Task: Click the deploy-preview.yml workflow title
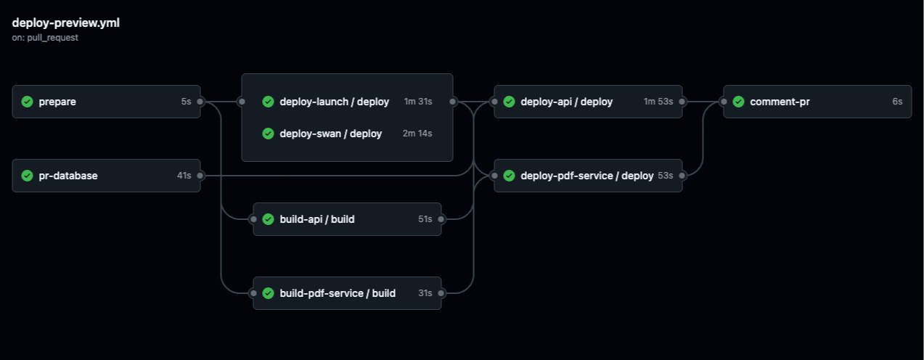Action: point(66,22)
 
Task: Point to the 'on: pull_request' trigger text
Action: point(45,38)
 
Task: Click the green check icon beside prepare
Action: point(28,102)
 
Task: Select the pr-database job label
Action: point(68,176)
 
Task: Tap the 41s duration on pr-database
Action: point(184,176)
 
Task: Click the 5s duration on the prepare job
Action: point(186,102)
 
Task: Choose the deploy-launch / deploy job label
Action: point(334,102)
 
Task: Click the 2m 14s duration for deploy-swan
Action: point(417,134)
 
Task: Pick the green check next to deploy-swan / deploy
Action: point(268,134)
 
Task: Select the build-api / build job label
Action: point(317,219)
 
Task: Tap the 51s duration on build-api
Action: point(425,219)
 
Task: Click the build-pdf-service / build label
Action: point(338,293)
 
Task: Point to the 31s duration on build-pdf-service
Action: point(425,293)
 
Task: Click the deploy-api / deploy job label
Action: point(566,102)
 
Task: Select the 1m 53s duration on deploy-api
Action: point(658,102)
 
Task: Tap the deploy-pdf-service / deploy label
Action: point(586,176)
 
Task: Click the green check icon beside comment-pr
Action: point(739,102)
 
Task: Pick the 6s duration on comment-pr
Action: point(897,102)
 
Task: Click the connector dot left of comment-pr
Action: point(724,102)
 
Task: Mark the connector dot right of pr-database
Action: point(200,176)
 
